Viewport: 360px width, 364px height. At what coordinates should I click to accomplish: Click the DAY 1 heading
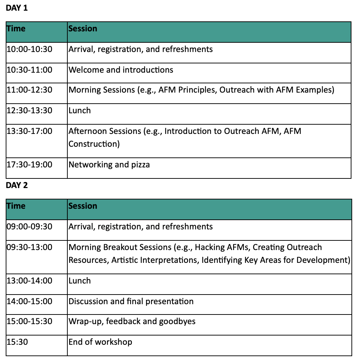pyautogui.click(x=17, y=8)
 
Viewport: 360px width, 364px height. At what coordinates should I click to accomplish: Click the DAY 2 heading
pyautogui.click(x=17, y=185)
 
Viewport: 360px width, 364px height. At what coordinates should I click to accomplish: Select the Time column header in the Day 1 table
pyautogui.click(x=16, y=28)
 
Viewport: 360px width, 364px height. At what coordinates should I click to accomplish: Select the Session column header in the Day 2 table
pyautogui.click(x=83, y=206)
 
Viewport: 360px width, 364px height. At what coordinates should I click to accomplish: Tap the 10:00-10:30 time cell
pyautogui.click(x=29, y=49)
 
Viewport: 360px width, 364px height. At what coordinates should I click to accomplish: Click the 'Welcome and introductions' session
pyautogui.click(x=121, y=70)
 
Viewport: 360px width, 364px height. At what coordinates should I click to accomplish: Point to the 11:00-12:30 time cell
pyautogui.click(x=29, y=90)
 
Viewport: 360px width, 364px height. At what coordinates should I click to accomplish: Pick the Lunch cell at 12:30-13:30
pyautogui.click(x=80, y=110)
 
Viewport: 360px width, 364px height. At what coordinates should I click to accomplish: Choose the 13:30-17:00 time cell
pyautogui.click(x=29, y=131)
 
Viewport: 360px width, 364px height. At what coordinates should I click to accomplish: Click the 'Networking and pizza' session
pyautogui.click(x=109, y=165)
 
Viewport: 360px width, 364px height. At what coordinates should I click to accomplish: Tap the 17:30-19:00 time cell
pyautogui.click(x=29, y=165)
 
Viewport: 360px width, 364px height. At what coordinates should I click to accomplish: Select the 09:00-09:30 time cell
pyautogui.click(x=29, y=227)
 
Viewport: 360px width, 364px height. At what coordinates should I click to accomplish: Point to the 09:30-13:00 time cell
pyautogui.click(x=29, y=247)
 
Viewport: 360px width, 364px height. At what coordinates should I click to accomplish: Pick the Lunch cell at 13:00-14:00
pyautogui.click(x=80, y=281)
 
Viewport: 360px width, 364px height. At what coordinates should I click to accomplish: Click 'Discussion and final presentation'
pyautogui.click(x=131, y=301)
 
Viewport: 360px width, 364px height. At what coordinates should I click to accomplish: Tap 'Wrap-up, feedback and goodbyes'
pyautogui.click(x=132, y=321)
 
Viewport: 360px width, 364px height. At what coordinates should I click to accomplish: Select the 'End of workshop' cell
pyautogui.click(x=100, y=342)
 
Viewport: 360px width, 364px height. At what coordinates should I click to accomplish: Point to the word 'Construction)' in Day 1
pyautogui.click(x=94, y=144)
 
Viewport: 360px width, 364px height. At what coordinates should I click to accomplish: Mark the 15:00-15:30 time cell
pyautogui.click(x=29, y=321)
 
